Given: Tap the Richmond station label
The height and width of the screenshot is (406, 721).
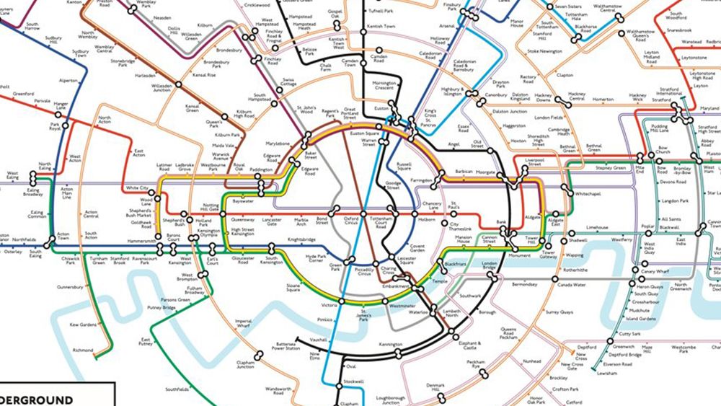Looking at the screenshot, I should click(84, 350).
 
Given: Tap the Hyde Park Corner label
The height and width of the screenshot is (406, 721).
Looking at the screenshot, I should click(322, 258).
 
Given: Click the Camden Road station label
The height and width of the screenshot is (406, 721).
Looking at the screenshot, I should click(379, 58).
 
